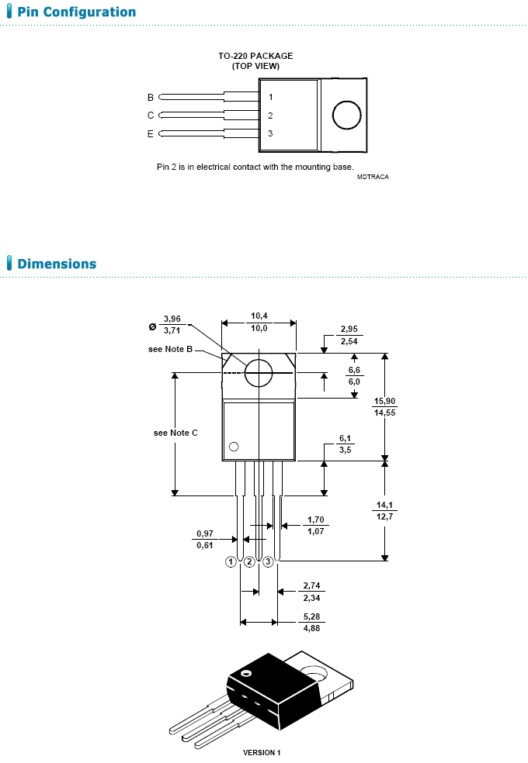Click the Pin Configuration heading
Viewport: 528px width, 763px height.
(x=76, y=12)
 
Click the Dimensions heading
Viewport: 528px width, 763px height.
(x=57, y=264)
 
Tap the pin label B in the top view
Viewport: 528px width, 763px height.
(x=151, y=98)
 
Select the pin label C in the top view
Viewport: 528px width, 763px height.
(x=151, y=116)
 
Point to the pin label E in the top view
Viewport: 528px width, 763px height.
(x=151, y=134)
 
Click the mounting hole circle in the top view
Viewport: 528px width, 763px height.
(x=347, y=115)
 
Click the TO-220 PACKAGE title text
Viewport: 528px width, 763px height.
(x=255, y=56)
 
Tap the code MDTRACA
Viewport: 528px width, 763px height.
(x=373, y=177)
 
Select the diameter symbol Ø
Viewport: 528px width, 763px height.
(x=151, y=325)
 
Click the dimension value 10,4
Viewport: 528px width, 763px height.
(x=259, y=316)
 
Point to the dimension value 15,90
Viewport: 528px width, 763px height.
(x=384, y=402)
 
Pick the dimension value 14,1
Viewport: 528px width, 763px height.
(x=384, y=506)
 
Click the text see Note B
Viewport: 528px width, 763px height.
(x=170, y=350)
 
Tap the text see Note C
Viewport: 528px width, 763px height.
(x=175, y=433)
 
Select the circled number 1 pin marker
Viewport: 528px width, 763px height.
(x=231, y=561)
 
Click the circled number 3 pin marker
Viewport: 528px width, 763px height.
(x=268, y=561)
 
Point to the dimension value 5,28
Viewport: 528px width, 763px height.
(x=311, y=618)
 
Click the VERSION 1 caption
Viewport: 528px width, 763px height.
(x=262, y=752)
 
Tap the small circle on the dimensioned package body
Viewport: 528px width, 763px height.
(x=233, y=447)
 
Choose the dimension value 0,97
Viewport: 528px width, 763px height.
(x=204, y=534)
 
